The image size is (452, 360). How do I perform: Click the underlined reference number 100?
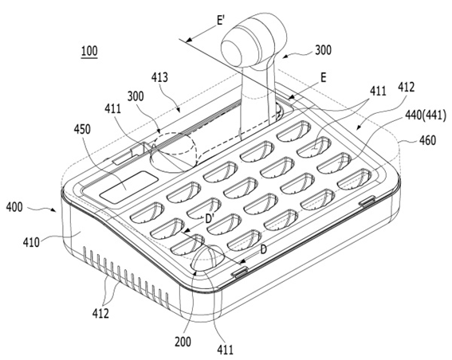89,51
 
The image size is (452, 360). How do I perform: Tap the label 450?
82,130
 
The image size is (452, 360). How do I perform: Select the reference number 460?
427,140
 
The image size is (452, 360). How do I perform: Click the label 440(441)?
426,115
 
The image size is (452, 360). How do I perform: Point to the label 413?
159,77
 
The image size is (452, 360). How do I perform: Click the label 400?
14,207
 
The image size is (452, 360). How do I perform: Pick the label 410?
31,242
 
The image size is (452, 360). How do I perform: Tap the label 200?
183,342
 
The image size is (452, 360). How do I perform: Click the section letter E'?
221,21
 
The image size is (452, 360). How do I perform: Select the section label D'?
209,220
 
